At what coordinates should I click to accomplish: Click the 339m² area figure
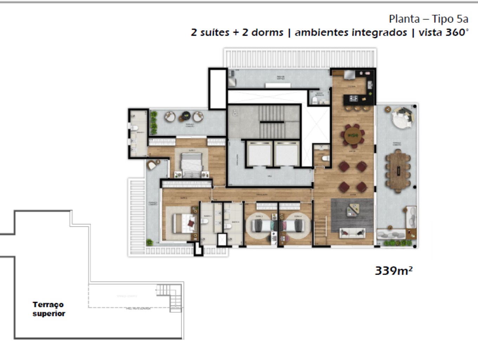(x=393, y=271)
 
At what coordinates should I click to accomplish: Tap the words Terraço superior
(x=48, y=309)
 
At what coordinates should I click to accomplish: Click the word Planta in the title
(x=404, y=19)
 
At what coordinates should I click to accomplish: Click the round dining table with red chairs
(x=352, y=136)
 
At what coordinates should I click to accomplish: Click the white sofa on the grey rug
(x=352, y=232)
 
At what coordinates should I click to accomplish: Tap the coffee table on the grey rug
(x=352, y=211)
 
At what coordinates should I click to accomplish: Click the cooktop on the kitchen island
(x=353, y=99)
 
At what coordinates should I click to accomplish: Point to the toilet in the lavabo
(x=326, y=159)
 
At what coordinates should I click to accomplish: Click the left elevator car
(x=259, y=154)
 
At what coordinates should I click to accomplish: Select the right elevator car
(x=286, y=154)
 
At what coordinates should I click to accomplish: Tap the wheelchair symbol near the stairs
(x=235, y=113)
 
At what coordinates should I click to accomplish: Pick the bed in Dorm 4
(x=294, y=225)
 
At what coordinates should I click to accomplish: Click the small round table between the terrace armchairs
(x=185, y=115)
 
